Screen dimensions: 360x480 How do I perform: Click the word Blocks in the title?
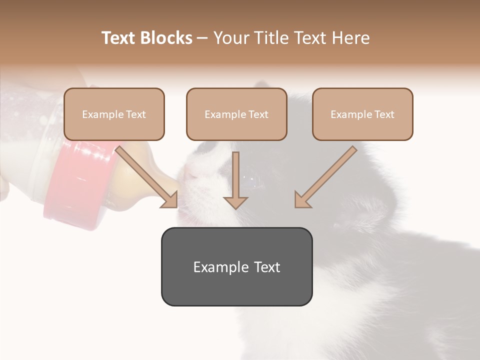[166, 38]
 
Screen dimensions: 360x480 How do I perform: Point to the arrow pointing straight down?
[235, 182]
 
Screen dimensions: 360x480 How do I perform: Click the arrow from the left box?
[147, 177]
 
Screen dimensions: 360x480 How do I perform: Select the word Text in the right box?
[384, 114]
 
